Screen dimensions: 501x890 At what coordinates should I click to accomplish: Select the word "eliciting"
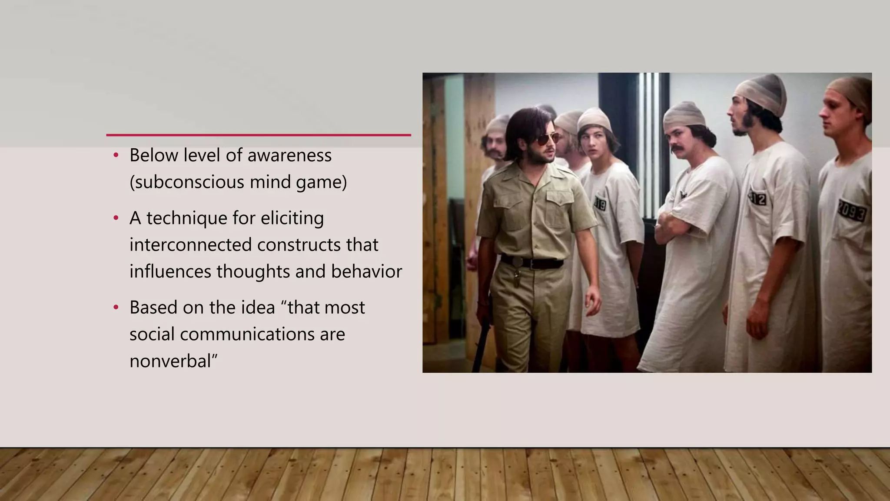[292, 218]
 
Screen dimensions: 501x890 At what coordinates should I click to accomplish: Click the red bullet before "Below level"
[116, 155]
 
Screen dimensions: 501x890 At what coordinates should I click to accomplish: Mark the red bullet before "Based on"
[116, 307]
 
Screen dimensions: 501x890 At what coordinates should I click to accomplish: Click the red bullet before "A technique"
[116, 218]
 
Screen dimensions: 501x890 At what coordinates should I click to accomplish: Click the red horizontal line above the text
[259, 135]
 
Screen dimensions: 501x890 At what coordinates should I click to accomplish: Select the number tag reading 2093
[852, 212]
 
